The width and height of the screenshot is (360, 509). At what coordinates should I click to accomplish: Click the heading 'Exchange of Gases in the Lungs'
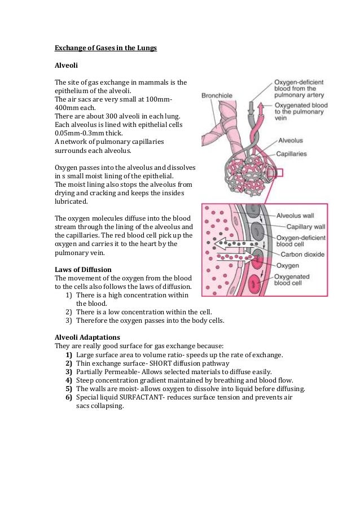tap(105, 49)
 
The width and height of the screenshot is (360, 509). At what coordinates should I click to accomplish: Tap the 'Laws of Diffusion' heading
tap(82, 269)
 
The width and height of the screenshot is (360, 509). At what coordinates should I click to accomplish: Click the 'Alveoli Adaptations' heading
tap(87, 337)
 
